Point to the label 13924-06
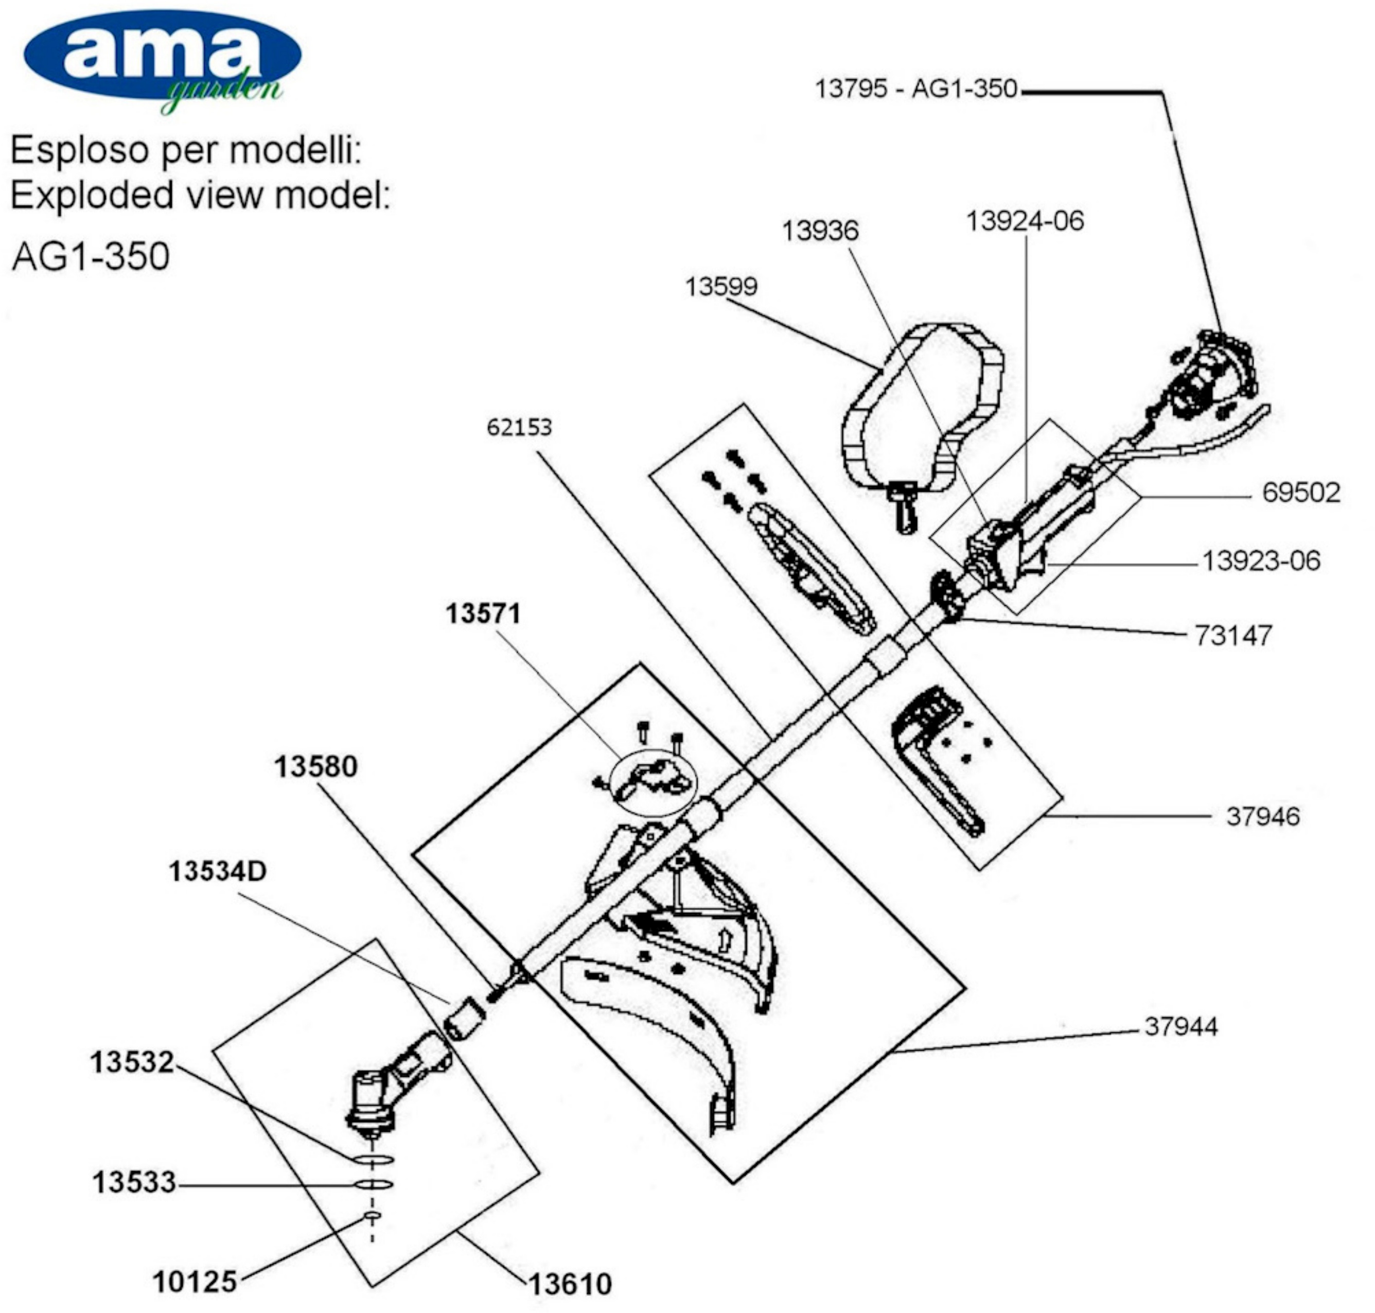(x=1025, y=221)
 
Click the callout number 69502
(x=1301, y=493)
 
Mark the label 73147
(x=1233, y=636)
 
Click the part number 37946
(x=1262, y=816)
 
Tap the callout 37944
(x=1181, y=1027)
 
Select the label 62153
(x=519, y=427)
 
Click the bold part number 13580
(x=315, y=767)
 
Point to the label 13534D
(x=218, y=871)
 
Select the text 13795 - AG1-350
(x=916, y=90)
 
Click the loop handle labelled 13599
(x=924, y=406)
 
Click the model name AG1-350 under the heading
(x=91, y=256)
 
